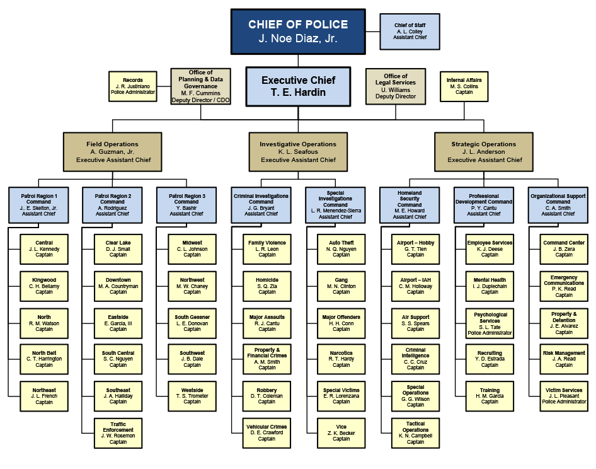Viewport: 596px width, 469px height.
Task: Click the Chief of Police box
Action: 298,31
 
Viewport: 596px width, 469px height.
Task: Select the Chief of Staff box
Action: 410,32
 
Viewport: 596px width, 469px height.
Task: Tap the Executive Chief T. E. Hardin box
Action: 298,86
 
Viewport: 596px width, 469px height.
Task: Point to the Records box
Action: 132,86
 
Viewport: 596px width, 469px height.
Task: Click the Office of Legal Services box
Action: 396,86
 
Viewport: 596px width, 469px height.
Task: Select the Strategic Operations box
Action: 483,152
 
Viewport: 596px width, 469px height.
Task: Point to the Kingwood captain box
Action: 44,286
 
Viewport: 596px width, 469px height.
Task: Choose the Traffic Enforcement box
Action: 118,432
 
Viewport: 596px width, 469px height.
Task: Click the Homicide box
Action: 267,286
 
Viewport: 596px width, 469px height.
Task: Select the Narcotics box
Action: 341,359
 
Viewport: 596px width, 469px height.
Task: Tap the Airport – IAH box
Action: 416,286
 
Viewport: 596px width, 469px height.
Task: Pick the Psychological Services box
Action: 490,323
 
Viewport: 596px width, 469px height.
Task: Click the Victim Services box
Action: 564,396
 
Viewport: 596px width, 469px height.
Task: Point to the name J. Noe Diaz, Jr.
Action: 298,39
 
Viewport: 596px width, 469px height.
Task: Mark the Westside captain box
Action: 192,396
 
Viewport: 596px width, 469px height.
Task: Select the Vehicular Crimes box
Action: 267,432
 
